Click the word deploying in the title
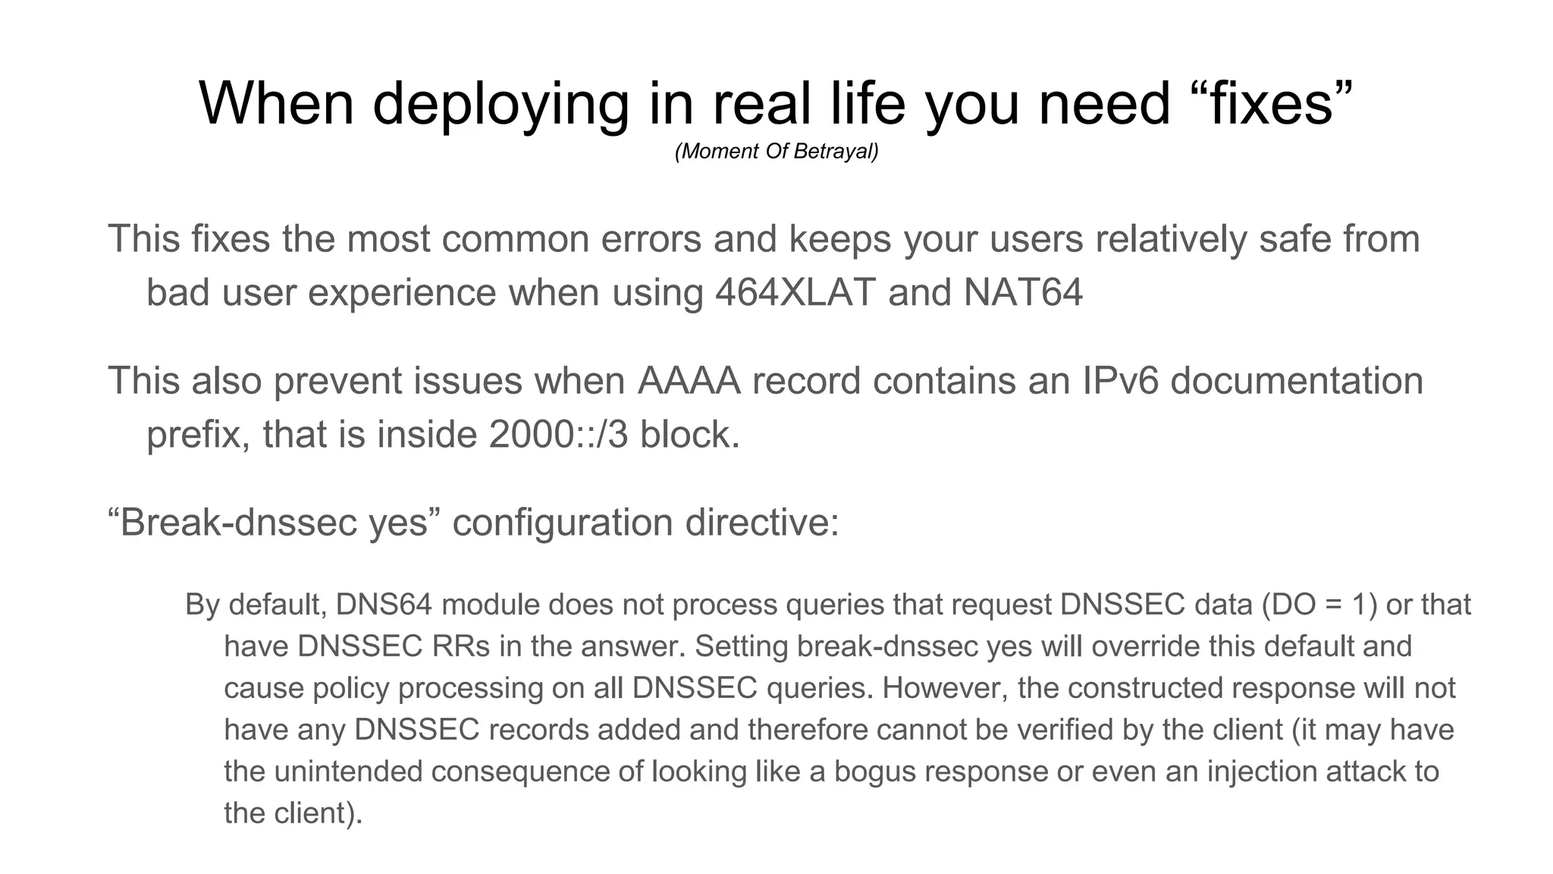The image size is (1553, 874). point(500,104)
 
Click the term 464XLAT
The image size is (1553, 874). point(795,292)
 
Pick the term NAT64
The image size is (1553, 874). point(1023,292)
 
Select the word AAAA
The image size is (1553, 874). point(688,380)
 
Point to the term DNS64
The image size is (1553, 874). point(384,605)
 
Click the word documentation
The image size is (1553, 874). point(1296,380)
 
